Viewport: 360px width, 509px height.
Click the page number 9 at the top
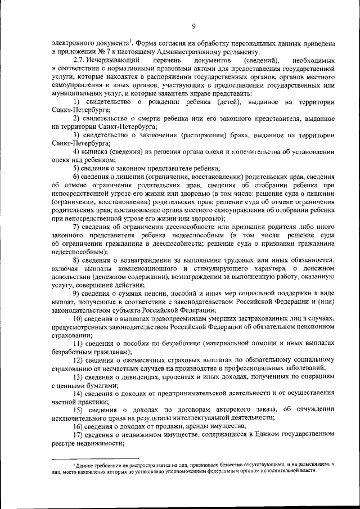pos(192,25)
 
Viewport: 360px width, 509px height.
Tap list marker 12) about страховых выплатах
pos(79,360)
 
